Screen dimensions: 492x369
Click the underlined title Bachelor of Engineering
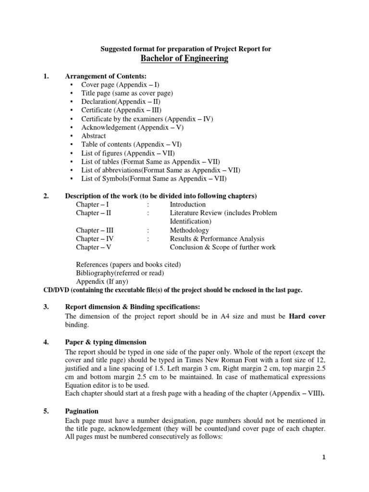(x=184, y=59)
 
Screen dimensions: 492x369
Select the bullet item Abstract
(x=93, y=135)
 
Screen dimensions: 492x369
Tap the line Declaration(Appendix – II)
(x=120, y=102)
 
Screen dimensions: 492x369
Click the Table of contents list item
(x=131, y=144)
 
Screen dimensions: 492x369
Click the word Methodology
(x=189, y=230)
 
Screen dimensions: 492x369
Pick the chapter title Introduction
(x=187, y=204)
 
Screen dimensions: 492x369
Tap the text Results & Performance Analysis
(x=217, y=239)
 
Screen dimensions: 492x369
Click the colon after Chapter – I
(x=148, y=204)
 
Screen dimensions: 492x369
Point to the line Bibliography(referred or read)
(x=120, y=273)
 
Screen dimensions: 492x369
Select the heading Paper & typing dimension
(x=106, y=342)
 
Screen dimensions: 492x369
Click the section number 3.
(x=46, y=307)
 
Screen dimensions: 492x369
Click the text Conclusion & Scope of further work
(x=222, y=247)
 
